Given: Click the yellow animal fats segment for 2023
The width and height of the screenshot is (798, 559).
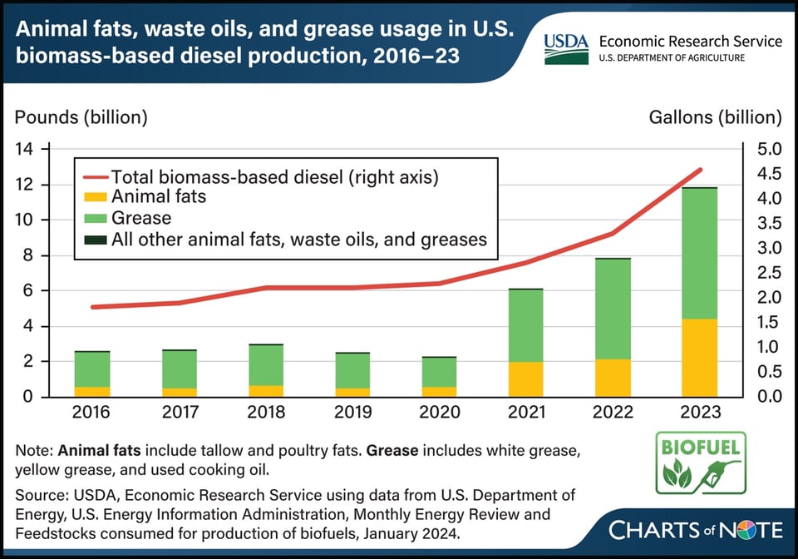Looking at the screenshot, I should pos(701,358).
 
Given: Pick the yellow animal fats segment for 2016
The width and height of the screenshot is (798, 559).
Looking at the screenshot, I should pos(92,392).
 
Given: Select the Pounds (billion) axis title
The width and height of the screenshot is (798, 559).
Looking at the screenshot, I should pos(81,117).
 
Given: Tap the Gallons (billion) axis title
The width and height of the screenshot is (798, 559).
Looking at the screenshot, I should pos(715,117).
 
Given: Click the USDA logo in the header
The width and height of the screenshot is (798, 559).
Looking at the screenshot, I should pos(566,49).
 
